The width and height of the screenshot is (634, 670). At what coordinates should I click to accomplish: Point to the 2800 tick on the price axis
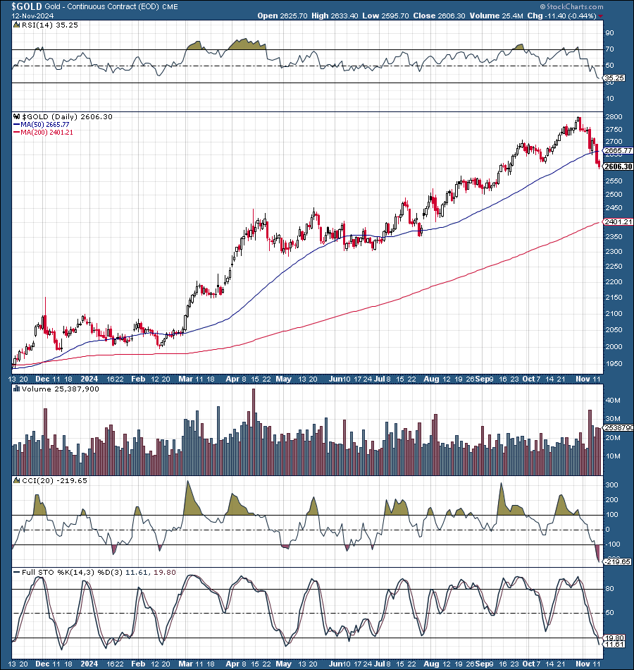(612, 117)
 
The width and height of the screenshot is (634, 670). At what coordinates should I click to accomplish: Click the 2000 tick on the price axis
(612, 347)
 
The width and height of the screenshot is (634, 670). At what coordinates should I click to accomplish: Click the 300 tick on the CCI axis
(610, 486)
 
